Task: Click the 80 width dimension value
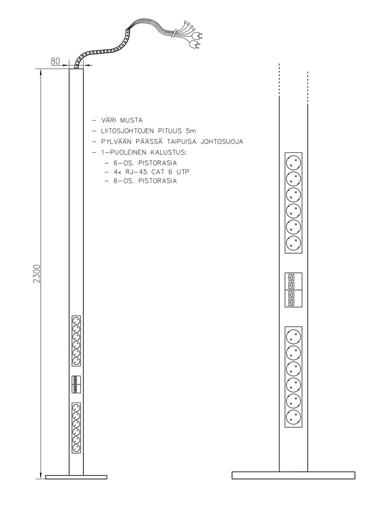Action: pos(55,61)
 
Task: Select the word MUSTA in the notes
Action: pos(131,120)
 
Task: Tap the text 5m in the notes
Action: pos(190,131)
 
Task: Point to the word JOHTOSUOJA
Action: pos(222,142)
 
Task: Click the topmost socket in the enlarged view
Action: pos(293,163)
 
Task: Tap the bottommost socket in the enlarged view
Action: pos(293,417)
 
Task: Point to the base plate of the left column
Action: pos(76,477)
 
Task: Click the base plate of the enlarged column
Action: pos(293,475)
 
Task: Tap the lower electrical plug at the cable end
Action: pos(195,45)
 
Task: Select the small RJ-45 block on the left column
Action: pos(76,384)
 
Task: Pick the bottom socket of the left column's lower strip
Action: pos(76,448)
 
